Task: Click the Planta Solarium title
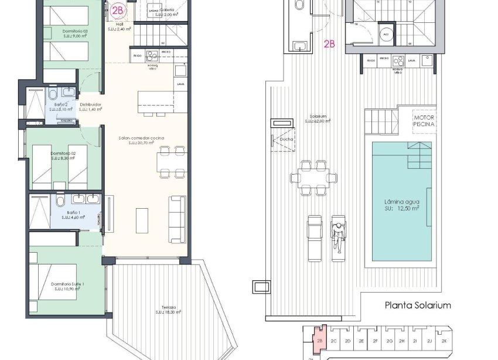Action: (417, 305)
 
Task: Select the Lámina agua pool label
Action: (401, 205)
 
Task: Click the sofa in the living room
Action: (177, 219)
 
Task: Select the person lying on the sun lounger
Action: (338, 237)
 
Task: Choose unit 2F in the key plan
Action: (375, 341)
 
